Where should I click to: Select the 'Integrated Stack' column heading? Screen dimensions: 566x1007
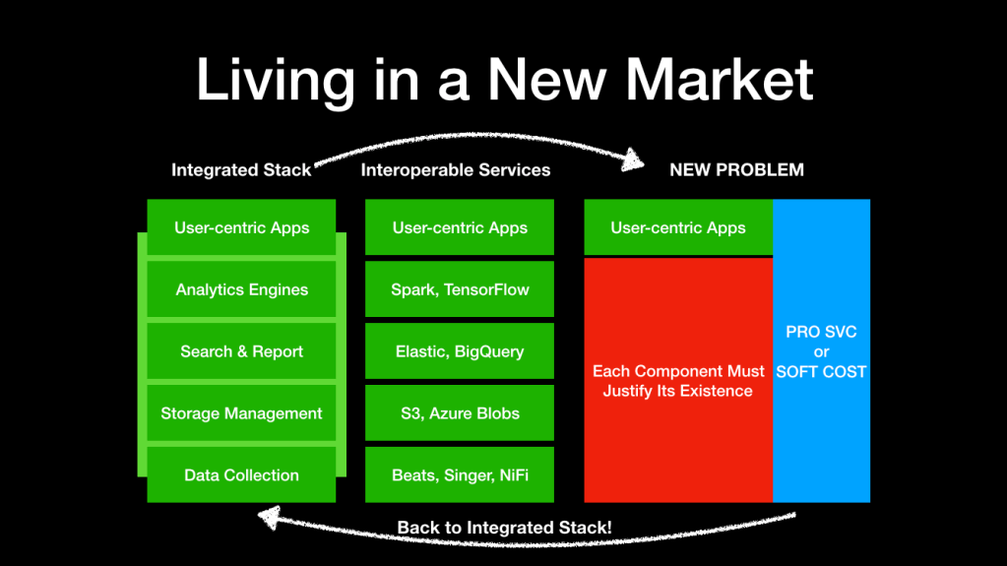241,170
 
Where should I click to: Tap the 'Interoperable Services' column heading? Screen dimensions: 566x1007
456,170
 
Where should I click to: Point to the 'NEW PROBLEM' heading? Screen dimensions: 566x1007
736,170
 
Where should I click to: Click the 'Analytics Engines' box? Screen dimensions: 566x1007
241,289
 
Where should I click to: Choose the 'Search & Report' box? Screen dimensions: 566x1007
241,351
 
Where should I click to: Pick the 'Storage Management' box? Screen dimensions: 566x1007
241,413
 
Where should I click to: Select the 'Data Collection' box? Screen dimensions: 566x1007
241,474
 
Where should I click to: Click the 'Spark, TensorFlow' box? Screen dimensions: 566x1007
460,289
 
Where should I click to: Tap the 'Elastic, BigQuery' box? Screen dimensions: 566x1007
460,351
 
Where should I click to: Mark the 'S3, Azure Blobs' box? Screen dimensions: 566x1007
460,413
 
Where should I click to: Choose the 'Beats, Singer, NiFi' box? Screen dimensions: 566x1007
460,474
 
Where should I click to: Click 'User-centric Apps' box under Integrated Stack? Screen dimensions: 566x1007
241,227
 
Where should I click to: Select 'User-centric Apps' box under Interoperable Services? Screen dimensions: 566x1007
460,227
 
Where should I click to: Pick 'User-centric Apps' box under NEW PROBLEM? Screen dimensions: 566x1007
678,227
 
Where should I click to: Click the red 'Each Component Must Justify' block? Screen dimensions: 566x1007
678,380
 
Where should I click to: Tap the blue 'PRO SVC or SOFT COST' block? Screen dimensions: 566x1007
822,351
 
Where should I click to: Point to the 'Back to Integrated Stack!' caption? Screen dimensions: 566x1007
504,528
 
